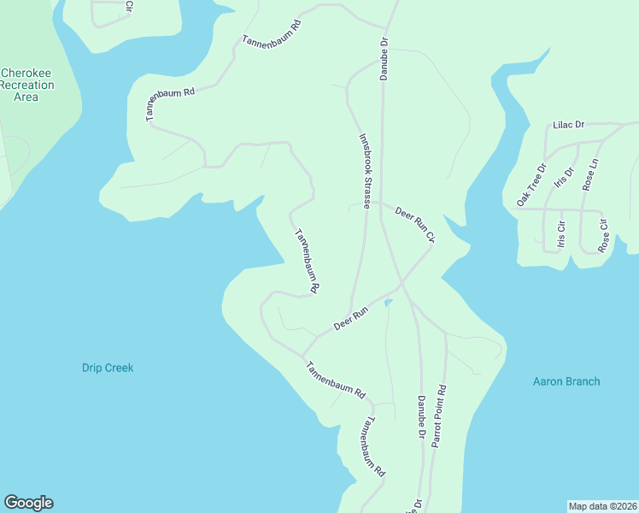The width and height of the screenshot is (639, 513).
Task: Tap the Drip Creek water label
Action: click(x=108, y=368)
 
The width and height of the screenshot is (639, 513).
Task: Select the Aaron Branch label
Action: click(x=566, y=381)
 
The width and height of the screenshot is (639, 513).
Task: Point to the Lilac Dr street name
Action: click(x=568, y=125)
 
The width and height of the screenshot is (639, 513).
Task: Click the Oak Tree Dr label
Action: click(x=531, y=186)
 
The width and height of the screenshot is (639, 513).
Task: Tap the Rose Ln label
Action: click(x=589, y=174)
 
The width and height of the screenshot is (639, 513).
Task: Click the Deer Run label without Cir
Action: click(x=350, y=320)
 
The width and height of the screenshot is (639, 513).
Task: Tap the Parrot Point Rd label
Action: click(x=439, y=416)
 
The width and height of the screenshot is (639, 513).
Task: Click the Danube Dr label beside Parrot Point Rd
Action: click(x=420, y=417)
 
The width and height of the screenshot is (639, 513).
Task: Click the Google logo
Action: click(x=28, y=503)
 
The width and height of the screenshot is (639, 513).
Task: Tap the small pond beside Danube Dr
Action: click(x=389, y=302)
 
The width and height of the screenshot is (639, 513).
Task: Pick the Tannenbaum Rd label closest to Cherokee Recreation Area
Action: click(x=171, y=101)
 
